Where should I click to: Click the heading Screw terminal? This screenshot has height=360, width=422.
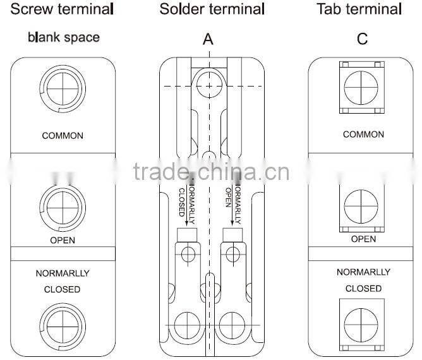[x=63, y=9]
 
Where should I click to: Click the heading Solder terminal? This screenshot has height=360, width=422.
[x=212, y=9]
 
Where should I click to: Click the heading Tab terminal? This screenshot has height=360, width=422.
[x=359, y=9]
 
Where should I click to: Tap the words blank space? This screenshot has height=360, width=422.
[x=63, y=37]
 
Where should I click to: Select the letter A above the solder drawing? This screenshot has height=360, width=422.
[x=208, y=39]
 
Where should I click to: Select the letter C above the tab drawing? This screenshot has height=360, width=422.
[x=362, y=39]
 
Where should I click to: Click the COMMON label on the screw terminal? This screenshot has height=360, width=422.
[x=63, y=136]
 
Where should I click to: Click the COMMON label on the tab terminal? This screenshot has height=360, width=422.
[x=363, y=135]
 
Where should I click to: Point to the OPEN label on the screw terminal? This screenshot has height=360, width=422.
[x=63, y=240]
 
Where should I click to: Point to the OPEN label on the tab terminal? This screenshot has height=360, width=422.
[x=363, y=239]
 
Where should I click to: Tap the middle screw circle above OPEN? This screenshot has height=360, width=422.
[x=62, y=206]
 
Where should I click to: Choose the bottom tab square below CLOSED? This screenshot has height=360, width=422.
[x=362, y=322]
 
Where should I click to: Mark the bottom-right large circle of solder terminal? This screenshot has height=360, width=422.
[x=231, y=324]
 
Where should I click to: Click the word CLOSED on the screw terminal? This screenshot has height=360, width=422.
[x=62, y=289]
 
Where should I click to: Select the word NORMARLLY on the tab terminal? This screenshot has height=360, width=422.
[x=363, y=272]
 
